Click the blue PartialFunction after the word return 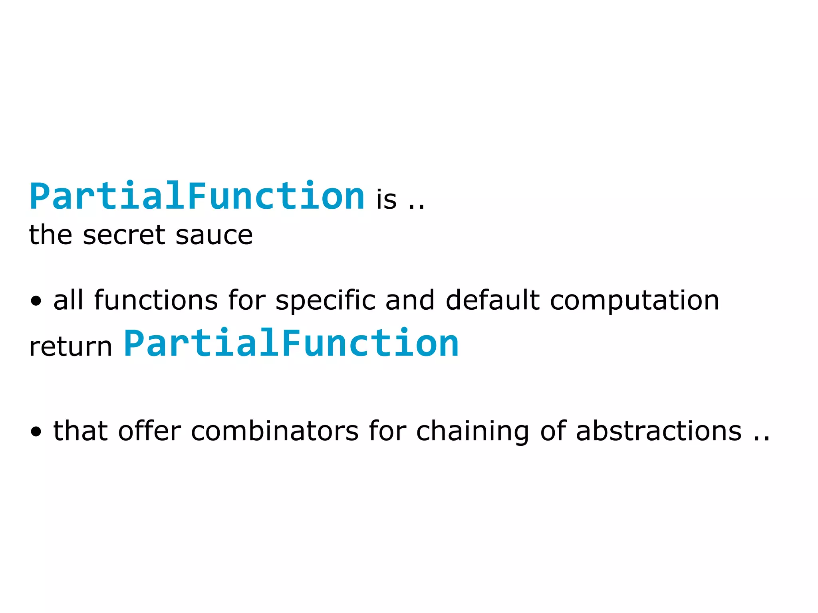291,343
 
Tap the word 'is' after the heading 386,199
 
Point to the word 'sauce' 214,235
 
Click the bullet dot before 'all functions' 36,301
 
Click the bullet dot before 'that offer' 36,432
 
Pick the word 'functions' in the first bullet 156,300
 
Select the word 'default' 492,300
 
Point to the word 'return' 71,346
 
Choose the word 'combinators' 275,431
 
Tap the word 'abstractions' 659,431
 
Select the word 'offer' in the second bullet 149,431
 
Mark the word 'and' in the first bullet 410,300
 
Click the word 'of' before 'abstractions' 553,431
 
